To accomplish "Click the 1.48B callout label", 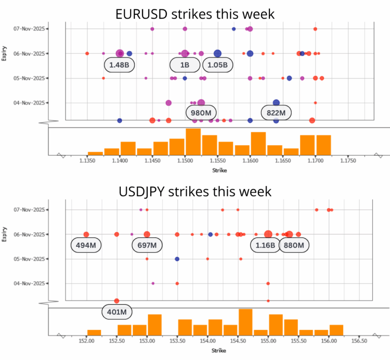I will tap(120, 65).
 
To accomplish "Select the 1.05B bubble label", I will tap(218, 65).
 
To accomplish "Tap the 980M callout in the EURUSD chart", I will tap(201, 113).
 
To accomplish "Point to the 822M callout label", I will tap(276, 113).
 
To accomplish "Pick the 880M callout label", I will tap(294, 245).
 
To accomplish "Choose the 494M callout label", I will tap(86, 245).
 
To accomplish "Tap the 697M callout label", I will tap(147, 245).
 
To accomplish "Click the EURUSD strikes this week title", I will tap(195, 14).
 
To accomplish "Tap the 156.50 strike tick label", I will tap(359, 341).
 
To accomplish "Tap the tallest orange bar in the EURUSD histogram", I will tap(193, 141).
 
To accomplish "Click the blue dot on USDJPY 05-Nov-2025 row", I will tap(177, 259).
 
